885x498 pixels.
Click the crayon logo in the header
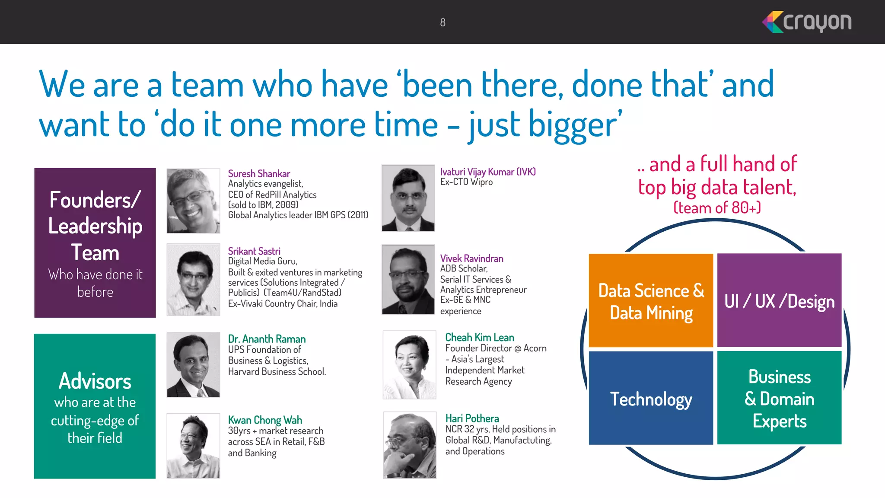click(807, 22)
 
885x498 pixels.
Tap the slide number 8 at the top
click(442, 22)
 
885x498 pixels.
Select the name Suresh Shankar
click(259, 174)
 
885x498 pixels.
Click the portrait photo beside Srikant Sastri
click(193, 280)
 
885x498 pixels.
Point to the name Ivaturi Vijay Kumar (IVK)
click(488, 172)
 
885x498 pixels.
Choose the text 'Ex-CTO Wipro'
click(466, 182)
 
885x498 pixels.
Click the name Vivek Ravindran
click(471, 259)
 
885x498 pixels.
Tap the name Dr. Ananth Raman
click(267, 339)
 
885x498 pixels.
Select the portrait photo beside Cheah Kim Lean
click(409, 365)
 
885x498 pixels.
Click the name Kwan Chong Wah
click(265, 420)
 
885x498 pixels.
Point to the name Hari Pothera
click(472, 418)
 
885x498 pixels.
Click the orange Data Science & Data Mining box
click(651, 301)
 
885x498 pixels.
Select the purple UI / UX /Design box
click(779, 301)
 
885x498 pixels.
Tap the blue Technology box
click(651, 398)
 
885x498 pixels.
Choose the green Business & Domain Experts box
click(779, 398)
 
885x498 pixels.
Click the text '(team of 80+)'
click(717, 208)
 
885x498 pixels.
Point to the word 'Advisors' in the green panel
click(95, 381)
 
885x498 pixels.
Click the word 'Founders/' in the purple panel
click(95, 200)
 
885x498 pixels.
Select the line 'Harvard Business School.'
click(277, 372)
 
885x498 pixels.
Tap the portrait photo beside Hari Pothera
click(409, 445)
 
